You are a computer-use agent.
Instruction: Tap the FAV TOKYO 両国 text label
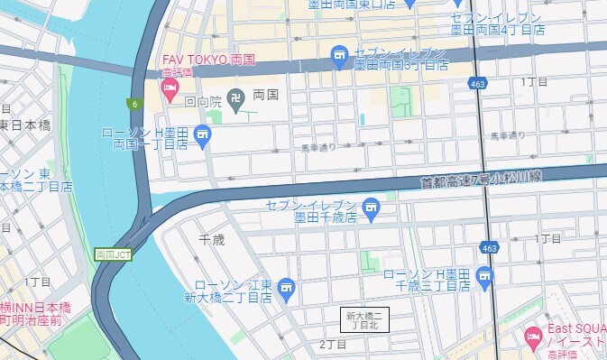[x=208, y=60]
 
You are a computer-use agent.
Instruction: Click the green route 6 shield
[x=133, y=104]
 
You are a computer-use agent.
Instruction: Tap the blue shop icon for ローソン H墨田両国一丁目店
[x=202, y=137]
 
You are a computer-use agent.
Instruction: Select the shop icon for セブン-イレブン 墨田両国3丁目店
[x=339, y=58]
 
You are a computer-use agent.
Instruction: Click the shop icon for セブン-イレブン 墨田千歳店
[x=370, y=211]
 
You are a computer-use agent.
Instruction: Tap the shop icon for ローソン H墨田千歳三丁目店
[x=486, y=275]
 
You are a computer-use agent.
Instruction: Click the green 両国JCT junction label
[x=113, y=254]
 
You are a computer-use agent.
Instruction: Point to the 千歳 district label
[x=211, y=239]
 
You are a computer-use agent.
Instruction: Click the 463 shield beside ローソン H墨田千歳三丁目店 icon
[x=488, y=247]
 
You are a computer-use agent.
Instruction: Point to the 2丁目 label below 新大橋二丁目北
[x=333, y=345]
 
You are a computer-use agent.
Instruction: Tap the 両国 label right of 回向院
[x=265, y=94]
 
